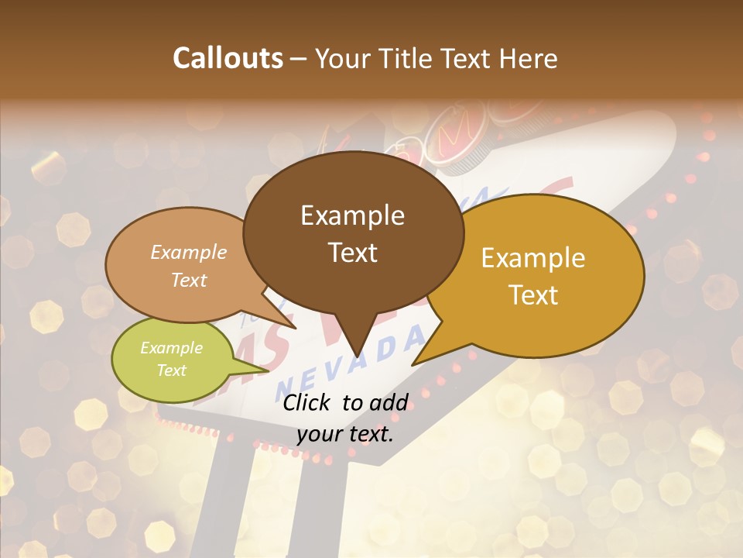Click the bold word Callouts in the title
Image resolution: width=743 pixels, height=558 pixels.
click(x=228, y=58)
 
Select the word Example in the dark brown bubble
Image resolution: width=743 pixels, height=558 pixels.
click(x=352, y=215)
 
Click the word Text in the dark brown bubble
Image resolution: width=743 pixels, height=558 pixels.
click(x=352, y=253)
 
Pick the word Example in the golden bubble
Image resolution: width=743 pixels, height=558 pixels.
click(x=533, y=258)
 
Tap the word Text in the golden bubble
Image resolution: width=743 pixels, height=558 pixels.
click(x=533, y=295)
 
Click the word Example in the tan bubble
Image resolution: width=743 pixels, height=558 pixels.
click(x=188, y=252)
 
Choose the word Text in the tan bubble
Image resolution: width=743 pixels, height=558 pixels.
click(x=188, y=280)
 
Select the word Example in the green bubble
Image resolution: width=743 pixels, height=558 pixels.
click(x=171, y=348)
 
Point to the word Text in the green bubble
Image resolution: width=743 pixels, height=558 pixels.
click(x=171, y=370)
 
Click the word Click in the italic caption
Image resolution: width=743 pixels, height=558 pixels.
click(x=309, y=402)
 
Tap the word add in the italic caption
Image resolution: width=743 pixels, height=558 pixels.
click(x=389, y=402)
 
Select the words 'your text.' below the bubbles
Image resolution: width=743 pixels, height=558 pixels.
click(x=344, y=434)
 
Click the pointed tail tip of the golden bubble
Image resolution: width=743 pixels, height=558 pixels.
click(x=413, y=364)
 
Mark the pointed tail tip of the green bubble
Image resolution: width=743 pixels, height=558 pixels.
click(x=269, y=370)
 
